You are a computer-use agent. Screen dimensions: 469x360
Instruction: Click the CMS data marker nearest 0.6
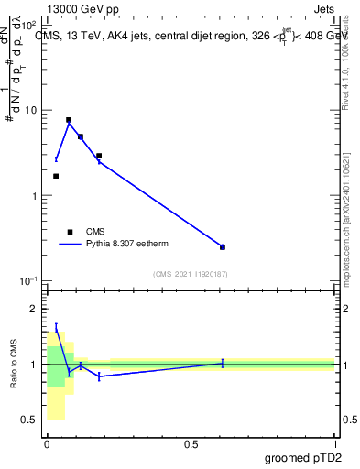pos(223,247)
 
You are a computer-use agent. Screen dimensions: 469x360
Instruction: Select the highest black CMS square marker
pos(69,120)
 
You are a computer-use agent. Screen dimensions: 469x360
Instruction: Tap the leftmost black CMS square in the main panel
pos(56,176)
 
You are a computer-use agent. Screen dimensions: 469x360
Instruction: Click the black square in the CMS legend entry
pos(69,232)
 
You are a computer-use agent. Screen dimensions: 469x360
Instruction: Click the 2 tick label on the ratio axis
pos(36,309)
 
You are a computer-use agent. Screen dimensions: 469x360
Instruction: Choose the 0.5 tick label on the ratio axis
pos(31,420)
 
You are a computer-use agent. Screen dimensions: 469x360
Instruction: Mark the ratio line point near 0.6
pos(223,364)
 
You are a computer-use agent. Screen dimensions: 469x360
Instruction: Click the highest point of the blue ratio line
pos(56,326)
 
